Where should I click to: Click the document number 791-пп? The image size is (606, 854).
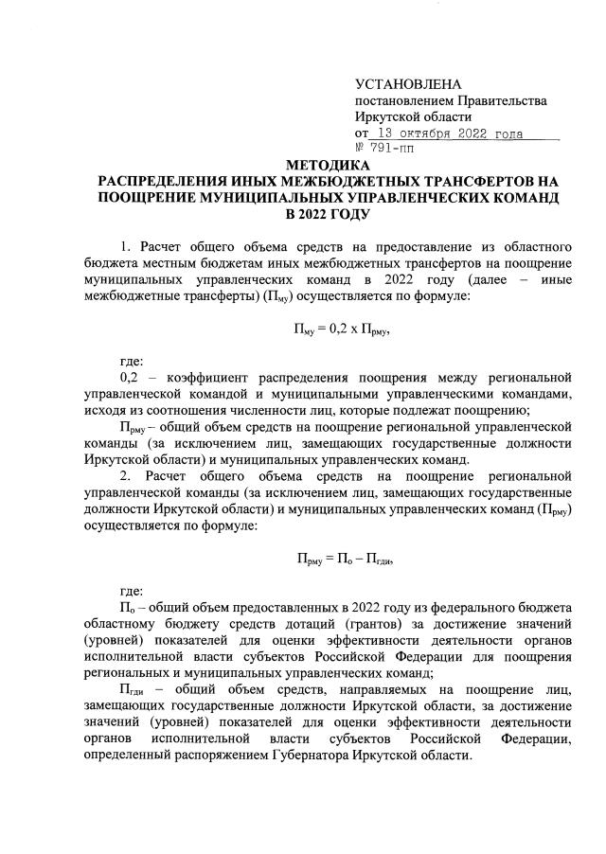tap(398, 149)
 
